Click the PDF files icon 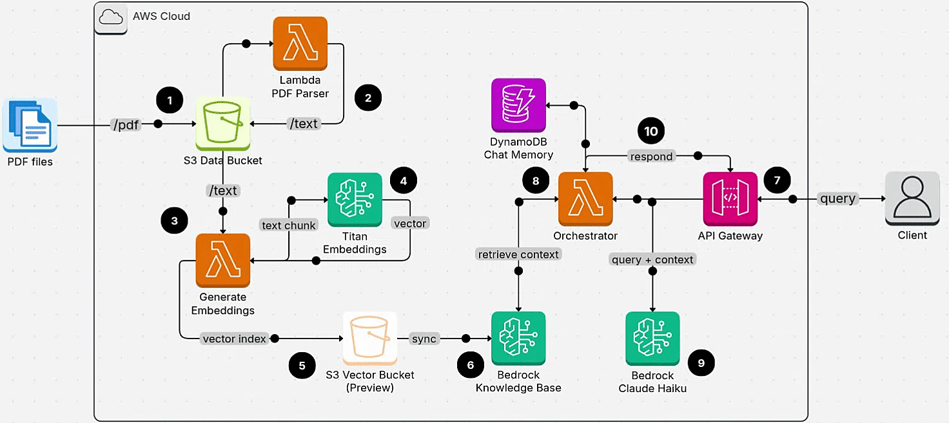pos(30,125)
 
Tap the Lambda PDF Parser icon pos(300,43)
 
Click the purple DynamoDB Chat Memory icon pos(518,106)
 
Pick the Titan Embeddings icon pos(355,199)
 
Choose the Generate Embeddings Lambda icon pos(223,261)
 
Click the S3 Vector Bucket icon pos(369,339)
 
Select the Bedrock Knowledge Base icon pos(518,339)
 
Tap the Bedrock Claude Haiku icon pos(652,339)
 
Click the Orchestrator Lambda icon pos(585,199)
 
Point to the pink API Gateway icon pos(730,199)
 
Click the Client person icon pos(912,199)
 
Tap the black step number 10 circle pos(651,132)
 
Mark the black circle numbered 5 pos(302,366)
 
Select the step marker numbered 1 pos(170,101)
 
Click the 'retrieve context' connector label pos(518,254)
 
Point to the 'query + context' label pos(652,259)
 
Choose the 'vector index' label pos(234,339)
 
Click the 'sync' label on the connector pos(424,339)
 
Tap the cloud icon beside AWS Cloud pos(111,18)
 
